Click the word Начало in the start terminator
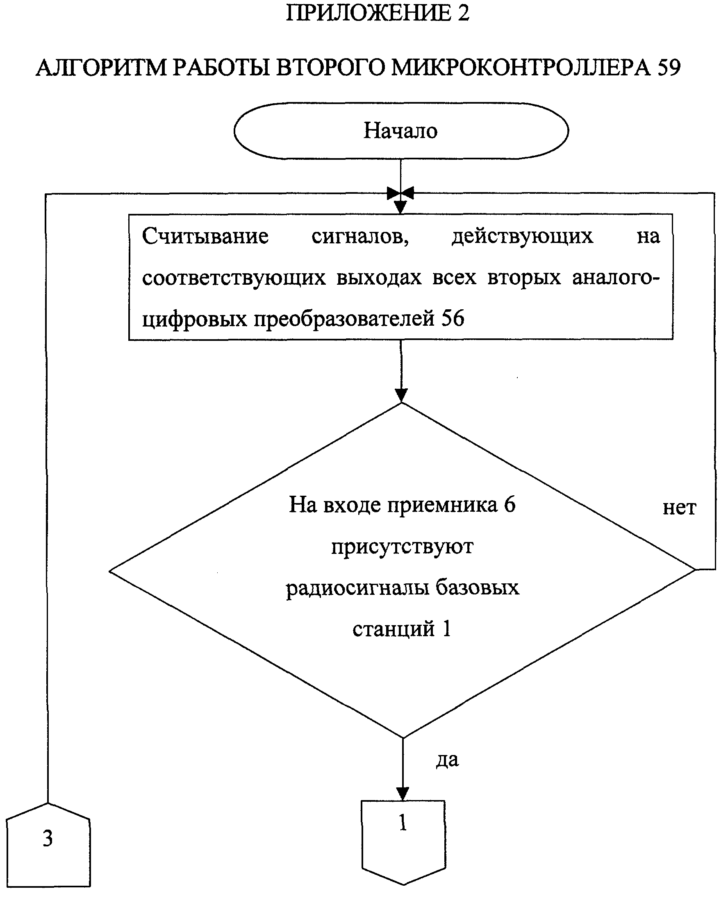400,130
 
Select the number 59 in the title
669,68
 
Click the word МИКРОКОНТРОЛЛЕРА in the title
521,68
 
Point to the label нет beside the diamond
679,508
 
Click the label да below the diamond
448,760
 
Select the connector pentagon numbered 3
48,844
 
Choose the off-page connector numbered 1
403,842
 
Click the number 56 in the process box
453,318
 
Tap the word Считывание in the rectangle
205,236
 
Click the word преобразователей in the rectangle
344,319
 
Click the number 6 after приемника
510,504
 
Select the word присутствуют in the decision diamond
402,547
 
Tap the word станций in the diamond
394,628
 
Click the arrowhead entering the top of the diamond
401,395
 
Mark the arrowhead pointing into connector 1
403,794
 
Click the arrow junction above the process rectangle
400,193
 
